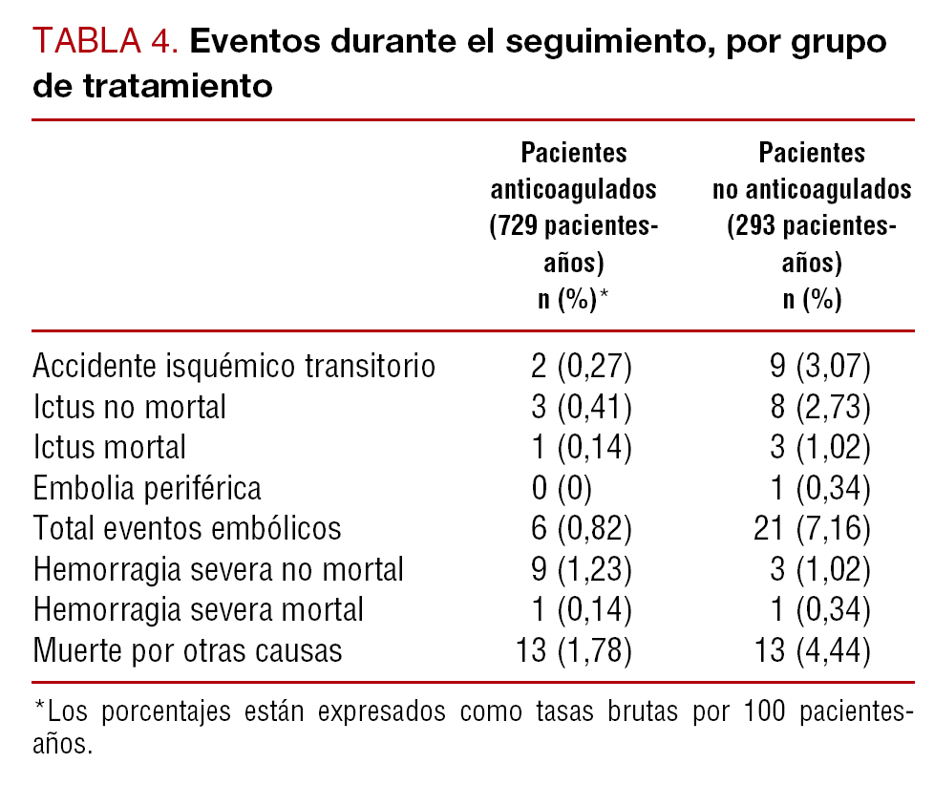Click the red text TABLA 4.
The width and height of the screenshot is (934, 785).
pos(106,42)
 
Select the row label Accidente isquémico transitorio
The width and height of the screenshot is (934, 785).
pos(234,366)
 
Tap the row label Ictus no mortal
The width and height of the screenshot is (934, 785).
pos(130,407)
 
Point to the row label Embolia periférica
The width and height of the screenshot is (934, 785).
pos(147,488)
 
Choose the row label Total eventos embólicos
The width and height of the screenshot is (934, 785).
pos(187,528)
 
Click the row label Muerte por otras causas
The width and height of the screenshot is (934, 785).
pos(187,651)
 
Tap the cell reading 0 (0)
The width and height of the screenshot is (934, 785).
pos(563,488)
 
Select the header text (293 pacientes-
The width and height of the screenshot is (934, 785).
pos(811,226)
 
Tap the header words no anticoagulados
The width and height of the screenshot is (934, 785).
pos(812,189)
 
